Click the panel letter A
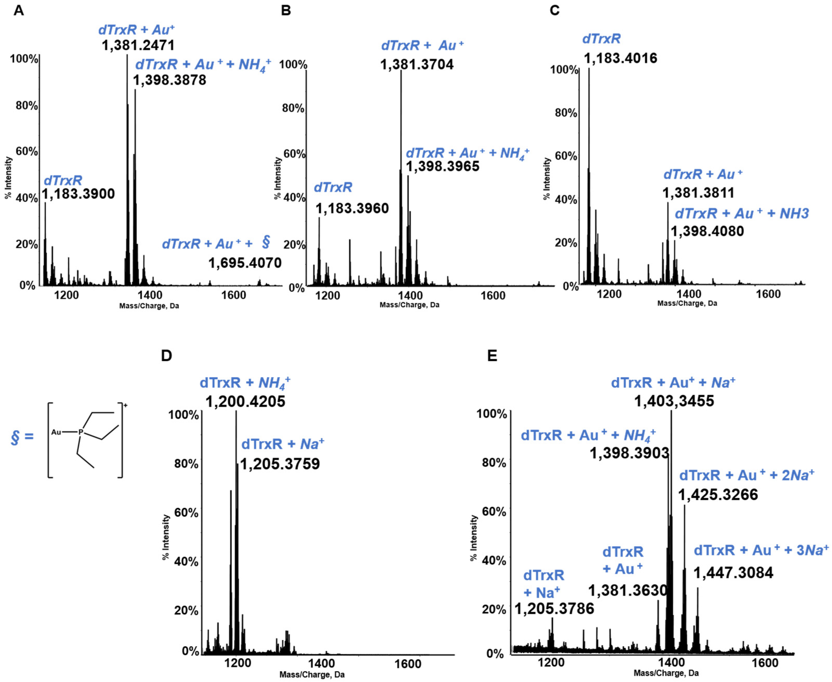pos(18,10)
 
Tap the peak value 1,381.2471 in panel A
pos(138,45)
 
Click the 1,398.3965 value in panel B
pos(443,166)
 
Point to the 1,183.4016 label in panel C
pos(620,58)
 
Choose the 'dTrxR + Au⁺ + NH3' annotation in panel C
pos(742,214)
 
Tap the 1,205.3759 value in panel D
pos(280,464)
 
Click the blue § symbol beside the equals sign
pos(15,437)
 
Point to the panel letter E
pos(492,356)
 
